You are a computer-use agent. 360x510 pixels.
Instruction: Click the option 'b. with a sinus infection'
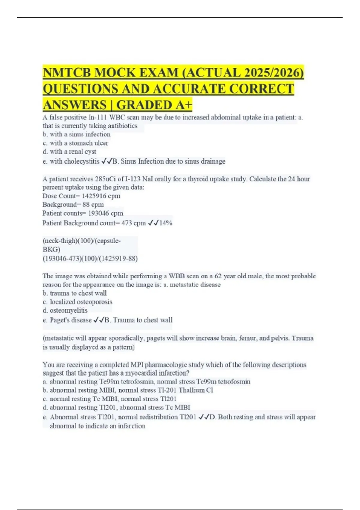76,134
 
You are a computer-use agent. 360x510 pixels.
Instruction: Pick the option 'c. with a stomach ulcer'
75,143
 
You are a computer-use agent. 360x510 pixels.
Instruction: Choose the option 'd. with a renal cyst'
69,152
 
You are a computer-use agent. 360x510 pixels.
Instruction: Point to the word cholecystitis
82,161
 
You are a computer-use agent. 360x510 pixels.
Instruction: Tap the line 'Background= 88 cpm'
73,205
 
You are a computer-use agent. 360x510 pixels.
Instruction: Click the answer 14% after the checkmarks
166,223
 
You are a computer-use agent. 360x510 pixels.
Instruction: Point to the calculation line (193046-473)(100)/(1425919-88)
90,259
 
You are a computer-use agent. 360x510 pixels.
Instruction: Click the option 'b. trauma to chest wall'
75,293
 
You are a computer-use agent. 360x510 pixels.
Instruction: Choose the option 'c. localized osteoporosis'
77,302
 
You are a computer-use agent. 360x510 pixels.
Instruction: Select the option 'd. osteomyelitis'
65,310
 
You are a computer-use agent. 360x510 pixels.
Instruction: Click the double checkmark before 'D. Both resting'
204,417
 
